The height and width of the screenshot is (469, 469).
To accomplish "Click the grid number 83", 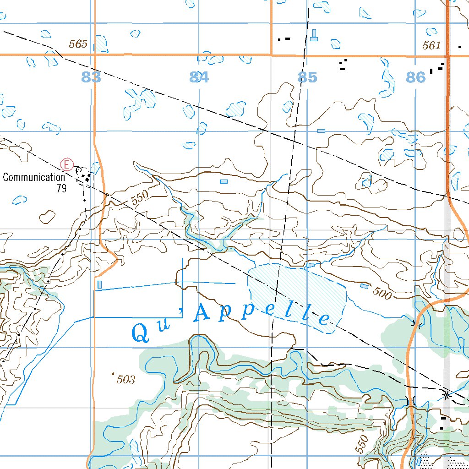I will click(91, 77).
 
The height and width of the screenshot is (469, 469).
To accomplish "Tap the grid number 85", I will click(307, 77).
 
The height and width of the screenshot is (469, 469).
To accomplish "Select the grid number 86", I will click(416, 77).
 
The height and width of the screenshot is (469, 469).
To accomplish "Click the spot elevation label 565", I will click(78, 44).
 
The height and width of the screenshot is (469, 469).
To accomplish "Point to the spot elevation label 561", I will click(431, 45).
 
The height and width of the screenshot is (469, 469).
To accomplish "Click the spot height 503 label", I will click(125, 379).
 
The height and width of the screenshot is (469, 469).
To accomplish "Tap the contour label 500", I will click(382, 293).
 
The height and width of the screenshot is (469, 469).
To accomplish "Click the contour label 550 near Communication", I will click(140, 197).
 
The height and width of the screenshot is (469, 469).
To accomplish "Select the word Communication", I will click(33, 178).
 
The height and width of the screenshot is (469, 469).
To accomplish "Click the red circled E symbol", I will click(67, 164).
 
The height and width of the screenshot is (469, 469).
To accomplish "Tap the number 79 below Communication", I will click(62, 188).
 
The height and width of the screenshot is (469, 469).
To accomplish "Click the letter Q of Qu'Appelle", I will click(141, 333).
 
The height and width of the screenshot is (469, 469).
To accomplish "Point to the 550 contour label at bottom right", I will click(362, 444).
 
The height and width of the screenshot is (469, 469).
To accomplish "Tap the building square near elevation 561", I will click(459, 47).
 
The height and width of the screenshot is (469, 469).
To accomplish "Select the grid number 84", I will click(199, 77).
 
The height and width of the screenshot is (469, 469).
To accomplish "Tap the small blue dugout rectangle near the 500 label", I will click(364, 286).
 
